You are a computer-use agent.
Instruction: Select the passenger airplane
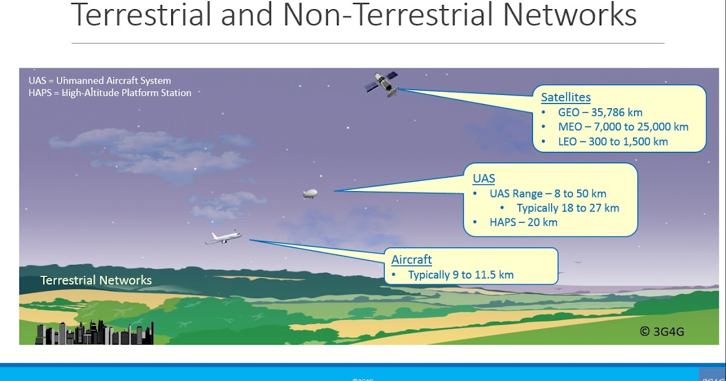point(223,238)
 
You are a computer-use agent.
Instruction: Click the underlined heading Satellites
point(566,97)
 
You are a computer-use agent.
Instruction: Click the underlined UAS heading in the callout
point(483,178)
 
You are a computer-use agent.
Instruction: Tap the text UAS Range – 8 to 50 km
point(548,194)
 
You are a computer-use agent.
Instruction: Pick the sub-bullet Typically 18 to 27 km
point(567,208)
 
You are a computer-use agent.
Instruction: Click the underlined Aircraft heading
point(411,260)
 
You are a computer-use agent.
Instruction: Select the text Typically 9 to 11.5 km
point(460,275)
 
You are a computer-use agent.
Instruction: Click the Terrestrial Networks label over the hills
point(96,281)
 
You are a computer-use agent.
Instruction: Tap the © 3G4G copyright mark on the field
point(662,331)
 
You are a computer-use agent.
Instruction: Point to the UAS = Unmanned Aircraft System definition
point(100,80)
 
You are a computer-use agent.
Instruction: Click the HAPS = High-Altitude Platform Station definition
point(110,93)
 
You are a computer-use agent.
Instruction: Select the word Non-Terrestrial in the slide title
point(381,16)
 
